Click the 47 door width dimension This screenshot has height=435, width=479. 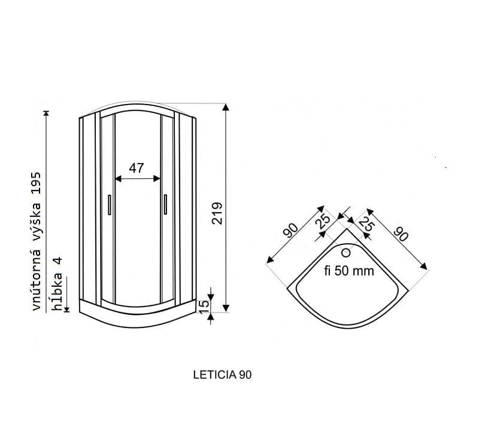click(137, 168)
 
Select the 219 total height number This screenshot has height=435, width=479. click(217, 213)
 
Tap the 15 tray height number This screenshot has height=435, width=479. click(204, 307)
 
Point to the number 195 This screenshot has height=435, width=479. click(36, 183)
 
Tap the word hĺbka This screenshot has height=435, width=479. click(57, 292)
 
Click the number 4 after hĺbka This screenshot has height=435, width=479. click(57, 261)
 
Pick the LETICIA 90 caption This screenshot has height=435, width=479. click(222, 375)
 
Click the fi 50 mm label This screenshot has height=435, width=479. click(349, 271)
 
